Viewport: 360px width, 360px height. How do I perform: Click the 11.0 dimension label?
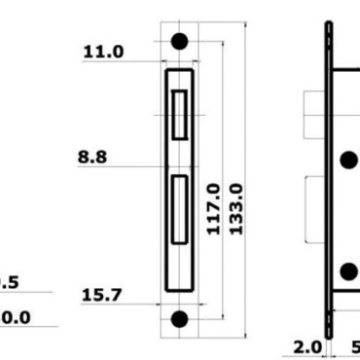pos(104,52)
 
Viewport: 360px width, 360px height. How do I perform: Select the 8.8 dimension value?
pos(92,156)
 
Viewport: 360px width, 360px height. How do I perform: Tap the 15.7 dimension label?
pos(102,294)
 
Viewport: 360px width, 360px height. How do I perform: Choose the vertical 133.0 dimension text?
pos(234,207)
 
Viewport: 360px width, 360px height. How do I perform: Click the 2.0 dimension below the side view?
pos(309,346)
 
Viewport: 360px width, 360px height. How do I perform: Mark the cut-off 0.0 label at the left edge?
pos(15,317)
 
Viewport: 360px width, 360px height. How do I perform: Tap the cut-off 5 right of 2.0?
pos(354,346)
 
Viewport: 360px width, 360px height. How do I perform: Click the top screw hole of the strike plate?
pos(179,42)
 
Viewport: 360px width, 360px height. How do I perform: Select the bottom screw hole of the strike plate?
pos(179,318)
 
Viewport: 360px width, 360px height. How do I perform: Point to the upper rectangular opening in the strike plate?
pos(179,114)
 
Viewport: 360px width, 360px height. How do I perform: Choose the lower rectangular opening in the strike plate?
pos(179,208)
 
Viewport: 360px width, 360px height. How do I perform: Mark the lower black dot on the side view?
pos(348,271)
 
